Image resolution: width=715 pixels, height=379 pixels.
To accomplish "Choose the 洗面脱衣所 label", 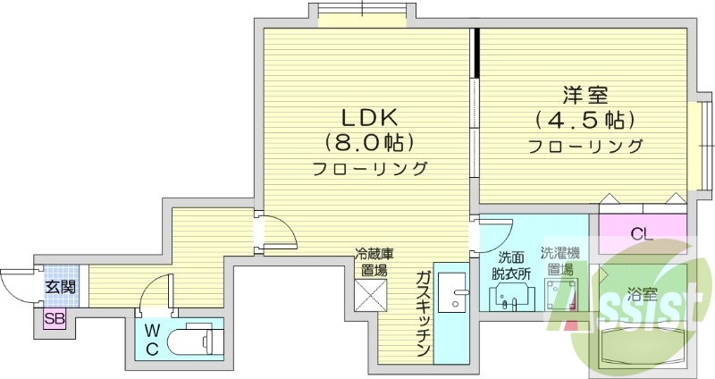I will pyautogui.click(x=514, y=266).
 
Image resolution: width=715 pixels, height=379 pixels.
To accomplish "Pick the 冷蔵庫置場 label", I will pyautogui.click(x=374, y=261).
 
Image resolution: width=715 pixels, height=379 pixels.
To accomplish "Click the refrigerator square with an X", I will pyautogui.click(x=371, y=294).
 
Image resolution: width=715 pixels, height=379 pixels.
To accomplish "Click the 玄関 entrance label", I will pyautogui.click(x=61, y=288).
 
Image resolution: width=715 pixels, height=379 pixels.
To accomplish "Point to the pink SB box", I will pyautogui.click(x=55, y=318).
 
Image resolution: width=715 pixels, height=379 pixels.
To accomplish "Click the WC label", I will pyautogui.click(x=152, y=340).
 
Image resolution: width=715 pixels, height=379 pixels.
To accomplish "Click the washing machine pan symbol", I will pyautogui.click(x=563, y=293).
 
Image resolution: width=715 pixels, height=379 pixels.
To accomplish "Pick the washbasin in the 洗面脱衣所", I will pyautogui.click(x=509, y=299).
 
